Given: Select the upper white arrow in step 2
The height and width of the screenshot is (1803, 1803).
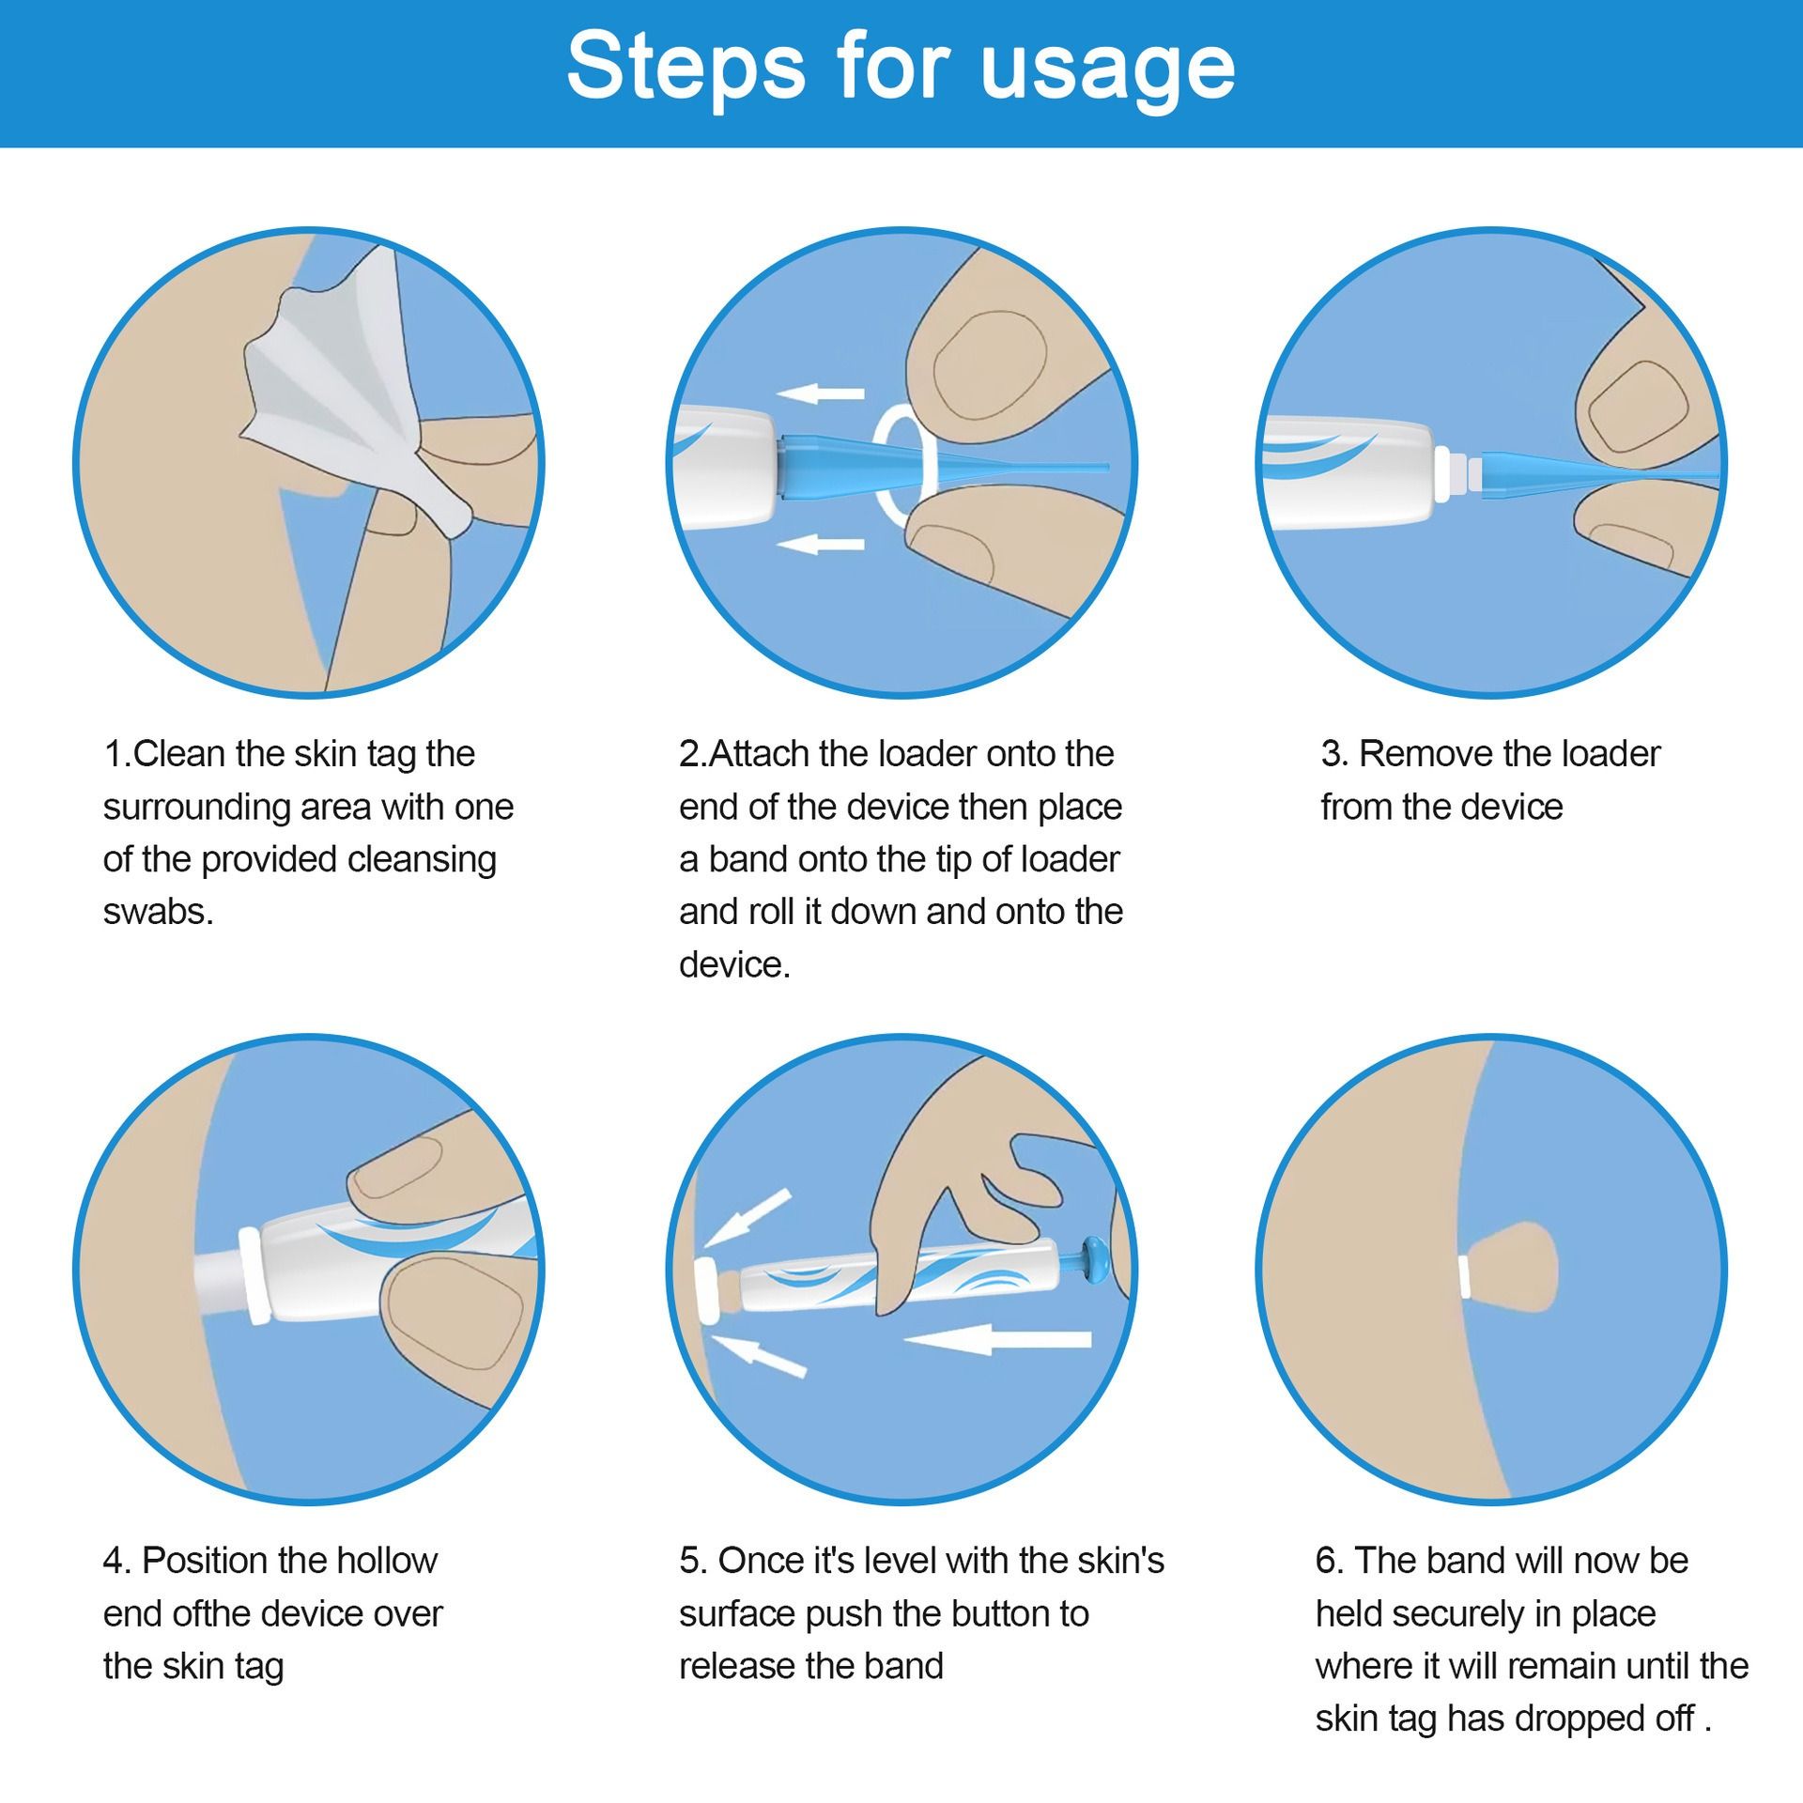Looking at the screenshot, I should tap(822, 393).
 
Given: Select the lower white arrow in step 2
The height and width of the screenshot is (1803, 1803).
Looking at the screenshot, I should tap(822, 543).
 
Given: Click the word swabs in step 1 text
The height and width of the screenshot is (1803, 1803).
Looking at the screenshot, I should tap(158, 913).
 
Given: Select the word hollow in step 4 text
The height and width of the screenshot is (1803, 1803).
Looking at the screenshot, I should tap(387, 1561).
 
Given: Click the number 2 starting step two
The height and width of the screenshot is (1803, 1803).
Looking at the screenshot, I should tap(687, 754).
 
